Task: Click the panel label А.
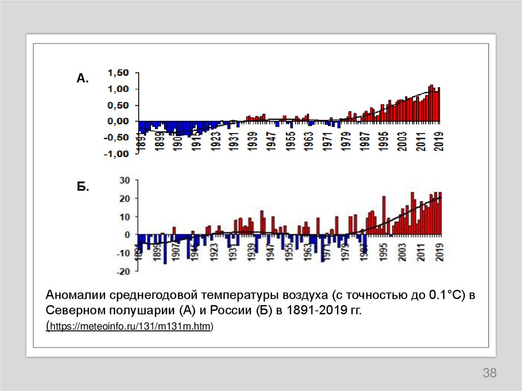coord(83,78)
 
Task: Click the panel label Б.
coord(83,187)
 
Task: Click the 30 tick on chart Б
coord(125,180)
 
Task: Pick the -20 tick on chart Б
coord(124,271)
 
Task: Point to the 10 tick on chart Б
coord(125,217)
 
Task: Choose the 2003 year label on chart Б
coord(402,252)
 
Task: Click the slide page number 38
coord(489,373)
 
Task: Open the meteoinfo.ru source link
coord(130,326)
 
